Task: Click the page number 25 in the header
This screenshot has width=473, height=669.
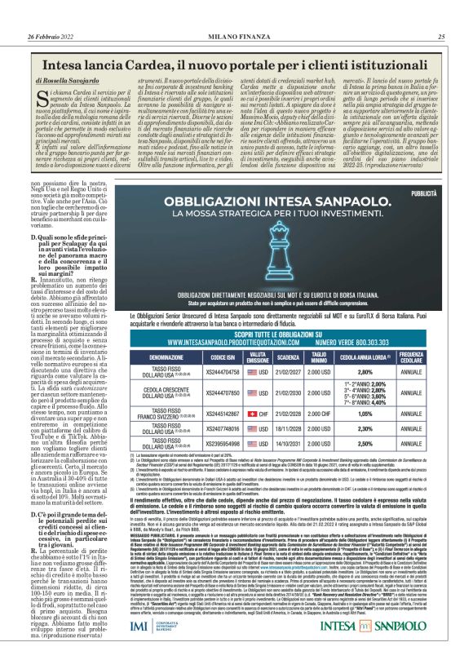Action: coord(441,37)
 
